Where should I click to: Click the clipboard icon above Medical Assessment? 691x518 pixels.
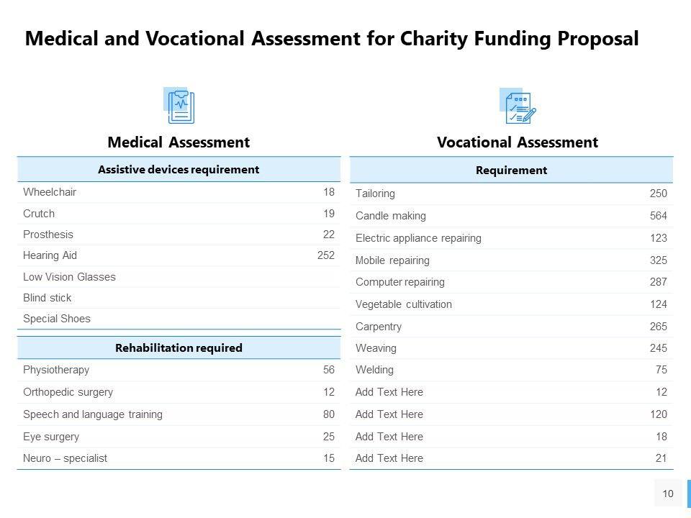(x=180, y=106)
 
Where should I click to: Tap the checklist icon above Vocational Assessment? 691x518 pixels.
(x=517, y=106)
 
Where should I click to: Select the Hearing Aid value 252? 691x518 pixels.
(x=326, y=255)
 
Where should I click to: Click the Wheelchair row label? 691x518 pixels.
(x=50, y=192)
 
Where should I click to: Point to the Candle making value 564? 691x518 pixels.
(x=658, y=216)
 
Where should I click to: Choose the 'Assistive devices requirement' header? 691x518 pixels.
(x=179, y=170)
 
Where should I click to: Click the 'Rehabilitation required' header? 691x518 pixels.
(x=179, y=348)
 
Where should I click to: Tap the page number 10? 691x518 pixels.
(x=668, y=494)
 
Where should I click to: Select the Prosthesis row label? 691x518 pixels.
(x=48, y=235)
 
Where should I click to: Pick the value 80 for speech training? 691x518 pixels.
(x=328, y=414)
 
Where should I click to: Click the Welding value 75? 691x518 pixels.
(x=661, y=370)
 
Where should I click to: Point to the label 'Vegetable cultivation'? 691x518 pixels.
(x=404, y=304)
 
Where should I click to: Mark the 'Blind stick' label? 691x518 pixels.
(x=48, y=298)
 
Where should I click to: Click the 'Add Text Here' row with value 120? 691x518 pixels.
(x=389, y=414)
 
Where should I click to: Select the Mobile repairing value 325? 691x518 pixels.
(x=658, y=260)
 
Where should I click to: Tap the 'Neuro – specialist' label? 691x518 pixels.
(x=65, y=458)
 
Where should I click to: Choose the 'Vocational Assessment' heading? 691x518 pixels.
(x=517, y=142)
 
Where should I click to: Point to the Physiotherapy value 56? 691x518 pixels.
(x=328, y=370)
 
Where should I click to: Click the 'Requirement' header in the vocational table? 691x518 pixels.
(x=511, y=171)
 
